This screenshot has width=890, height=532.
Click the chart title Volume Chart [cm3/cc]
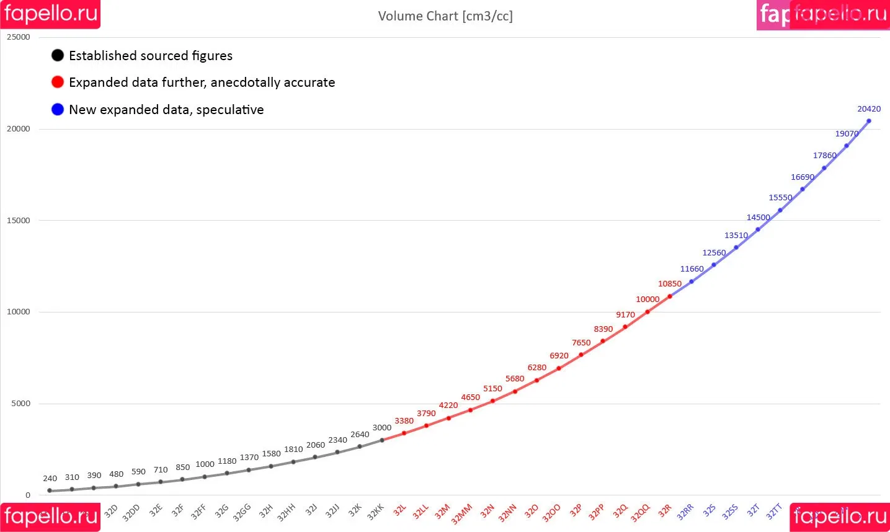[x=445, y=16]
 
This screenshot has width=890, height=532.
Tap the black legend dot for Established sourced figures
[x=58, y=55]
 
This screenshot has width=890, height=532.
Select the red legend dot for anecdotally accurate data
[x=58, y=82]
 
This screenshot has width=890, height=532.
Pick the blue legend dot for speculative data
[x=58, y=109]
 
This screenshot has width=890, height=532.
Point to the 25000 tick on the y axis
[x=19, y=37]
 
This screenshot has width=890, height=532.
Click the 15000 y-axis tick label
[x=19, y=221]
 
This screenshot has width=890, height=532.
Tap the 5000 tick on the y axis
[x=20, y=404]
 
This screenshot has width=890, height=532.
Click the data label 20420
[x=869, y=109]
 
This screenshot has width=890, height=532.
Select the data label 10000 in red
[x=647, y=299]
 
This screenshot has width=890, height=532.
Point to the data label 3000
[x=382, y=428]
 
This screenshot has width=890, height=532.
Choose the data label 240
[x=50, y=479]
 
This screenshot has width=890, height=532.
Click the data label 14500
[x=758, y=218]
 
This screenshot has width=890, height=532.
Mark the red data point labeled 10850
[x=670, y=296]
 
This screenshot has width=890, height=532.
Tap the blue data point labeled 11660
[x=692, y=282]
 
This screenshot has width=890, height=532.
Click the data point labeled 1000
[x=205, y=477]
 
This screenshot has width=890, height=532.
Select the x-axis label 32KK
[x=376, y=512]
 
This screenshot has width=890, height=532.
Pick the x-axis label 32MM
[x=461, y=514]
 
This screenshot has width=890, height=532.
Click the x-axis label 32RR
[x=685, y=512]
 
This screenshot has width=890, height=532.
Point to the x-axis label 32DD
[x=131, y=513]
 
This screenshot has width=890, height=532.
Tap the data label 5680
[x=515, y=379]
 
